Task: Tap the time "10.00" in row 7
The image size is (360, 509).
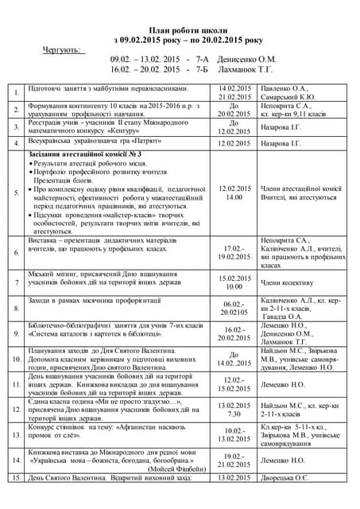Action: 234,286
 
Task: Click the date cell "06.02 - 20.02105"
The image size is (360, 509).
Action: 234,309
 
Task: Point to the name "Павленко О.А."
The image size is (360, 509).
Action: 285,88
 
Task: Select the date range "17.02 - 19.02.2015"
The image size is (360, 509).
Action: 234,253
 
